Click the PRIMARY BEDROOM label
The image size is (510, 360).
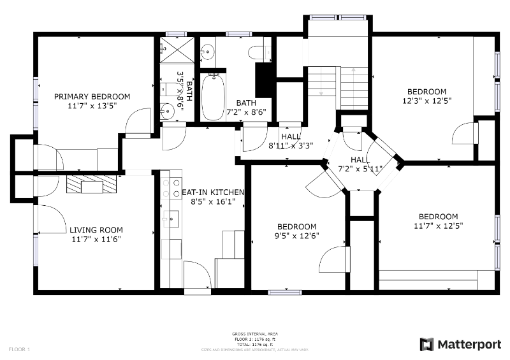coord(92,97)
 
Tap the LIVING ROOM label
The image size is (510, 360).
coord(96,230)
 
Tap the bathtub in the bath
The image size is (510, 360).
coord(213,96)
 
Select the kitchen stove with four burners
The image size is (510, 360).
coord(171,188)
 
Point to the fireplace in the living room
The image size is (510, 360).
coord(92,184)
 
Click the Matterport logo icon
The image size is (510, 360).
coord(426,344)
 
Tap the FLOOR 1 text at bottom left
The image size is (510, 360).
coord(18,349)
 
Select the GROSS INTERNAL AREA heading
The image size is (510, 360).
coord(255,334)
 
